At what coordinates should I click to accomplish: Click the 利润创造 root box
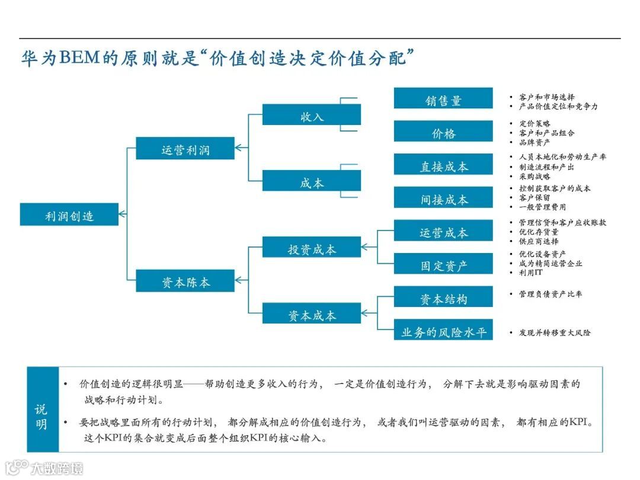tap(69, 215)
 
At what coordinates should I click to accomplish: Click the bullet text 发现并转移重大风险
tap(554, 332)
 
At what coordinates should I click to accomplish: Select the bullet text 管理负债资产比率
tap(550, 294)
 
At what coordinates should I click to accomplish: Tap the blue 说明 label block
tap(42, 409)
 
